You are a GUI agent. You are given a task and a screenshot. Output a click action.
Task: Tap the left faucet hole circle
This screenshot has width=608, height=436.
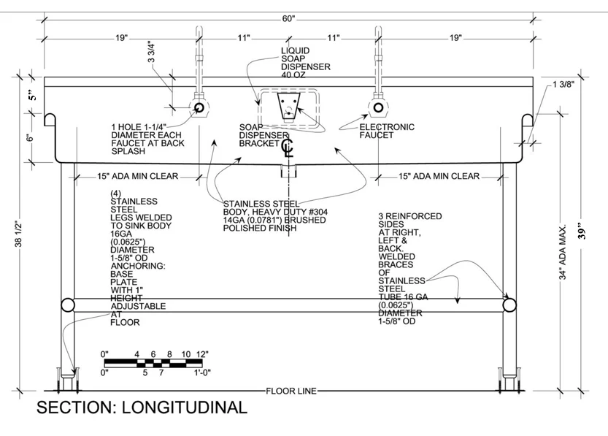[198, 108]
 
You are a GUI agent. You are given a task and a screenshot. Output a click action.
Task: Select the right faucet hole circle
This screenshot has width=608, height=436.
[378, 108]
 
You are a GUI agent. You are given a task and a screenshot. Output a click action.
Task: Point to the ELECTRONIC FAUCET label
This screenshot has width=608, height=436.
[387, 131]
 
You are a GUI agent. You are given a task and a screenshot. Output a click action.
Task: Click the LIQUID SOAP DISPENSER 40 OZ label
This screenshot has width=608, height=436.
[305, 63]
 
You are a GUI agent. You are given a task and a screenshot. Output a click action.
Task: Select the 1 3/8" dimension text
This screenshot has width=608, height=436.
[563, 85]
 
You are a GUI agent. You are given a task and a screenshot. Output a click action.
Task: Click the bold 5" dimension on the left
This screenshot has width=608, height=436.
[31, 95]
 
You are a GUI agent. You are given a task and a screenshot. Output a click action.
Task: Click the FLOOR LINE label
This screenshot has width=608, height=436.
[291, 391]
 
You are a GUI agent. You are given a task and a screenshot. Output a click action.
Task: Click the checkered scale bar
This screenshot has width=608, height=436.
[153, 362]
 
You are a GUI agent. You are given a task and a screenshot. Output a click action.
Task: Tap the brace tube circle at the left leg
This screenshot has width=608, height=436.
[68, 305]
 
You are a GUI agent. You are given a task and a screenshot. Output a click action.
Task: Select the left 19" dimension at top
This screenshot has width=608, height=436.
[121, 38]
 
